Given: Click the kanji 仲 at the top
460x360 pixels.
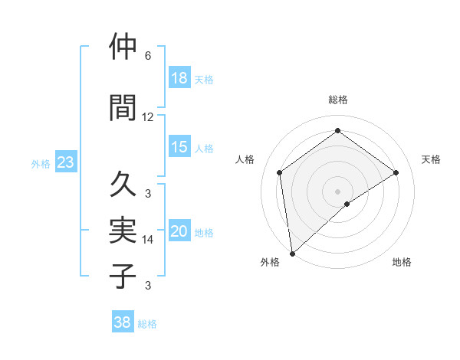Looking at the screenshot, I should [x=123, y=47].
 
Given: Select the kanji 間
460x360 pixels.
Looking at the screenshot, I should [x=123, y=108].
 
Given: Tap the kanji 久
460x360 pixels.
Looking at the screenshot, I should [x=123, y=185].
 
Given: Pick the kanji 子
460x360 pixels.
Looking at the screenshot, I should [x=123, y=276].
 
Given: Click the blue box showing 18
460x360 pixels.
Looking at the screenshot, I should [x=179, y=78].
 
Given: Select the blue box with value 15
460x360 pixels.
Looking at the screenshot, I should [x=179, y=147].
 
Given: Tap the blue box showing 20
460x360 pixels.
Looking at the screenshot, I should [x=179, y=231].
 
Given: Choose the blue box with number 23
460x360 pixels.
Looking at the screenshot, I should [x=65, y=162].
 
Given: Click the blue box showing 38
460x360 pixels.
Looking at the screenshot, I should [x=123, y=322].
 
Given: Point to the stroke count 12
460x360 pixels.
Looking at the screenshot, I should [x=148, y=117].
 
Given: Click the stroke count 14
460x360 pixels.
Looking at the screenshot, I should [x=148, y=240].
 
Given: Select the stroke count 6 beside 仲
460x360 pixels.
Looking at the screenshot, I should [x=148, y=56].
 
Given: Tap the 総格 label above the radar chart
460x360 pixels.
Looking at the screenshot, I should [x=337, y=100].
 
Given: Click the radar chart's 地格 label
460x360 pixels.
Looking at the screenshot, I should [x=402, y=262].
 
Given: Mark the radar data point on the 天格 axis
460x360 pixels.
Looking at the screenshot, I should [x=396, y=172].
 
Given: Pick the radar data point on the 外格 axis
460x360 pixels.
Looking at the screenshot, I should [x=292, y=253].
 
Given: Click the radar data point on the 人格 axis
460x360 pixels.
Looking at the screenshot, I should [x=280, y=172].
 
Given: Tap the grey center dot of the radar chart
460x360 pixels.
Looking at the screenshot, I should [x=337, y=191].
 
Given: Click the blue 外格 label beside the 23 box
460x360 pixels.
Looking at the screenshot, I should [x=40, y=163].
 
